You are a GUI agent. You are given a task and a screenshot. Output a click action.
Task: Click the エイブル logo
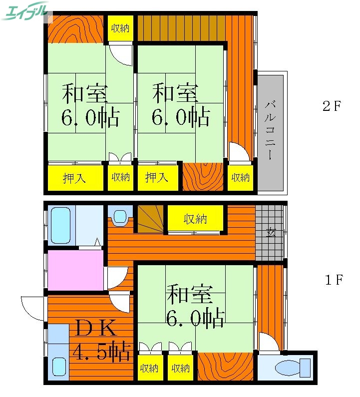point(26,11)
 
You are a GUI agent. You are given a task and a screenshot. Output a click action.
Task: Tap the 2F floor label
point(331,106)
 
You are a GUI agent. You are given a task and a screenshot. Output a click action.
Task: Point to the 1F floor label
point(334,280)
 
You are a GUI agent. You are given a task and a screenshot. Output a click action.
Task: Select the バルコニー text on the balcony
point(271,130)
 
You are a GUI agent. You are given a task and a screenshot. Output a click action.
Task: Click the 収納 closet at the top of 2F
point(120,28)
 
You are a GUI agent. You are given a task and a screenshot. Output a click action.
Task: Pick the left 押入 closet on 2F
point(74,178)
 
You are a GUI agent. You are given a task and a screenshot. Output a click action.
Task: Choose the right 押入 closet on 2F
point(157,177)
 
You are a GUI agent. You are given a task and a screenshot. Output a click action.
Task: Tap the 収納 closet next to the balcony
point(240,177)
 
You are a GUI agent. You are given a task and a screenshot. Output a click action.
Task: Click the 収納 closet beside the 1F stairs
point(195,219)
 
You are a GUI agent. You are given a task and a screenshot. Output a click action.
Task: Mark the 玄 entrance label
point(270,232)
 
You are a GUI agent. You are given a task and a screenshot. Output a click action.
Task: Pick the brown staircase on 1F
point(150,219)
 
